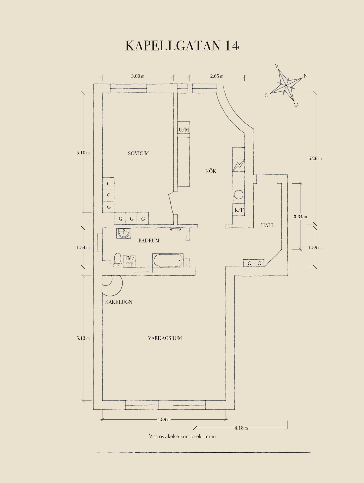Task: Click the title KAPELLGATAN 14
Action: click(x=182, y=46)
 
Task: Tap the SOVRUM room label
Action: click(x=138, y=153)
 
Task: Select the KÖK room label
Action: click(x=211, y=171)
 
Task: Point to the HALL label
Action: click(x=267, y=225)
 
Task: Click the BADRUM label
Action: click(x=149, y=240)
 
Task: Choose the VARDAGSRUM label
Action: click(x=165, y=338)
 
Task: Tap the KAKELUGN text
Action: click(x=118, y=302)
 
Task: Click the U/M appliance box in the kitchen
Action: click(x=184, y=130)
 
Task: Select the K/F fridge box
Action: click(x=239, y=210)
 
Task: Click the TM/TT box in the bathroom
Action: click(x=129, y=261)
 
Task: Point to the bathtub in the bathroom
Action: click(x=168, y=260)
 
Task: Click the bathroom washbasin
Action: click(x=124, y=233)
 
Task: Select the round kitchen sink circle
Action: click(x=239, y=195)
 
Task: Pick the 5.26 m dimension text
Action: click(x=315, y=158)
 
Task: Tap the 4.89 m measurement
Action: click(x=164, y=419)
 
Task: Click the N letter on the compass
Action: click(x=305, y=76)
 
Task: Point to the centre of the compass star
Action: click(x=286, y=86)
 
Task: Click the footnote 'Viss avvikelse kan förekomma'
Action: click(x=182, y=436)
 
